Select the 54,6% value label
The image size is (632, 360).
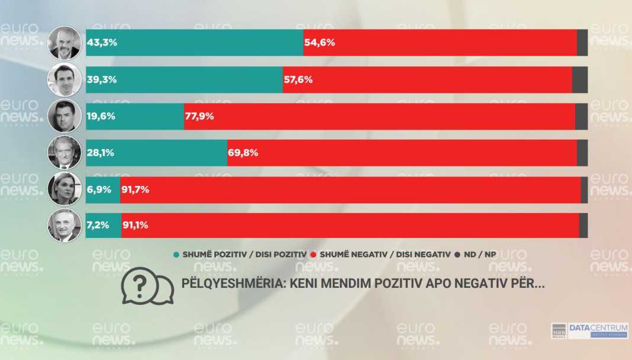click(x=320, y=43)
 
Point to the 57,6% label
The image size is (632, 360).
click(x=298, y=79)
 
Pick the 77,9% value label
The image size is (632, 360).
click(x=199, y=116)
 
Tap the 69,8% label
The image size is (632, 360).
click(x=243, y=153)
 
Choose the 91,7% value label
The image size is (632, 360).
click(x=135, y=190)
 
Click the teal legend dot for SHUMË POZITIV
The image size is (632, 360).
click(x=176, y=255)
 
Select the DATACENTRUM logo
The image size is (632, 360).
click(x=589, y=331)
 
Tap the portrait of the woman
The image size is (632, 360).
click(x=64, y=189)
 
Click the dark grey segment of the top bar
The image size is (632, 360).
click(x=582, y=43)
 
